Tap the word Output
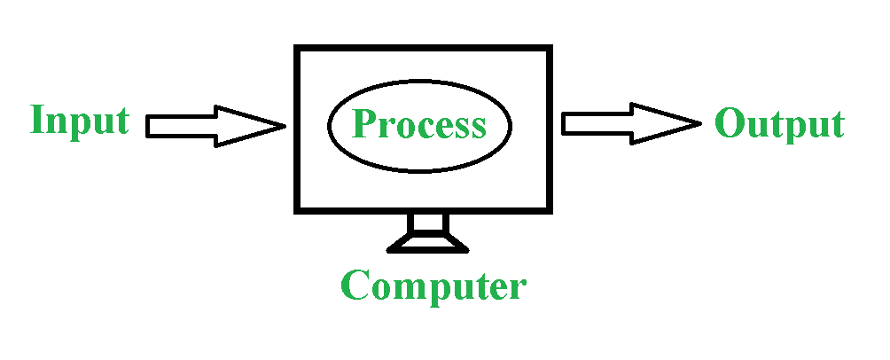779,123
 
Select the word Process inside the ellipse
419,125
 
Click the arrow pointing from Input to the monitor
215,126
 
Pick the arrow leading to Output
632,124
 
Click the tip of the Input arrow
285,126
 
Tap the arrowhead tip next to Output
701,123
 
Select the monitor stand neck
428,223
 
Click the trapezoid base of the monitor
427,242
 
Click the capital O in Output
730,122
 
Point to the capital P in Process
364,122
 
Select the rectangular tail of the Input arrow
182,126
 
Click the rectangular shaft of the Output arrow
597,124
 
